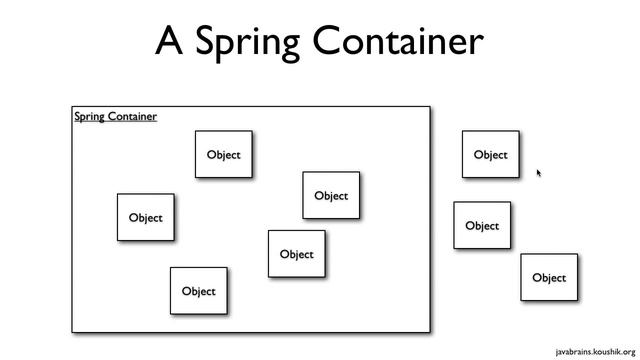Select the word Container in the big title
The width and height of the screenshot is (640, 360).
(x=399, y=42)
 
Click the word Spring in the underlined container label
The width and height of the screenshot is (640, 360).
(x=90, y=117)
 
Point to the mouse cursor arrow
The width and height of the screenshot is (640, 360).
(x=538, y=172)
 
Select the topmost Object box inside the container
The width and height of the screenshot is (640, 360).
(x=223, y=155)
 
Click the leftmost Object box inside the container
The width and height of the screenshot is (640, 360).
(x=145, y=218)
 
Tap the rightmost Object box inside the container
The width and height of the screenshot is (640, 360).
(x=331, y=196)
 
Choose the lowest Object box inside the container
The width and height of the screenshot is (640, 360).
(x=198, y=291)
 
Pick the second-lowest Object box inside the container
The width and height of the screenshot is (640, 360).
(x=296, y=254)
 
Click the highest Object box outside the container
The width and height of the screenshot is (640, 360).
(x=490, y=155)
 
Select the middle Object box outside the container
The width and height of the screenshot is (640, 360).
(x=482, y=226)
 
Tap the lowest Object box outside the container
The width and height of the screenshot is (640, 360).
(x=549, y=278)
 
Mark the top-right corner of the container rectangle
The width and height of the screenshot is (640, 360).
(x=430, y=107)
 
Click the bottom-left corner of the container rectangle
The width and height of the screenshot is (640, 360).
(x=72, y=331)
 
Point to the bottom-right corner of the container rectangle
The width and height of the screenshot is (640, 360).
(x=430, y=331)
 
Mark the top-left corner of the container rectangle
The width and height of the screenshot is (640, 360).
(x=72, y=107)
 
